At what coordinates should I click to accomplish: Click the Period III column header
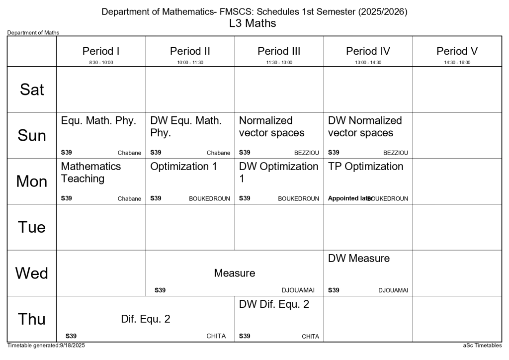[x=279, y=51]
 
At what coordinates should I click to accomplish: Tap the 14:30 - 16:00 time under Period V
[x=457, y=63]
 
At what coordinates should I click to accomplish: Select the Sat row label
[x=32, y=90]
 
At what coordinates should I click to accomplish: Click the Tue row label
[x=32, y=227]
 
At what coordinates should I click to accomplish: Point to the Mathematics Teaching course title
[x=91, y=172]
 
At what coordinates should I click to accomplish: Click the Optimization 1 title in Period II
[x=183, y=167]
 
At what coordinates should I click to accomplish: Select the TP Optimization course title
[x=365, y=167]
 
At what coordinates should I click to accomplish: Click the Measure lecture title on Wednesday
[x=234, y=273]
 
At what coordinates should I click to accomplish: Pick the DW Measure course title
[x=358, y=258]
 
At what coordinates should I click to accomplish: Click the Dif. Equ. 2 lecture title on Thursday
[x=145, y=319]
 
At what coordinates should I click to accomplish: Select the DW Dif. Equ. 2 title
[x=274, y=304]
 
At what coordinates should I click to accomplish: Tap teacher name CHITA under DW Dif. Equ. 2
[x=310, y=337]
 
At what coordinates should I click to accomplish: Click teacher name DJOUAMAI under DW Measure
[x=393, y=290]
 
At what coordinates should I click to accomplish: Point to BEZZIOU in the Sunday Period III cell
[x=306, y=153]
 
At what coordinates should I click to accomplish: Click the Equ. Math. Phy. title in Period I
[x=98, y=121]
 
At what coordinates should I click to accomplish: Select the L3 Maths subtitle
[x=253, y=23]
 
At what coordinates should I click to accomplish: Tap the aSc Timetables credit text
[x=482, y=345]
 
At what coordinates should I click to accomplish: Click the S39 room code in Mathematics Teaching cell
[x=66, y=198]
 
